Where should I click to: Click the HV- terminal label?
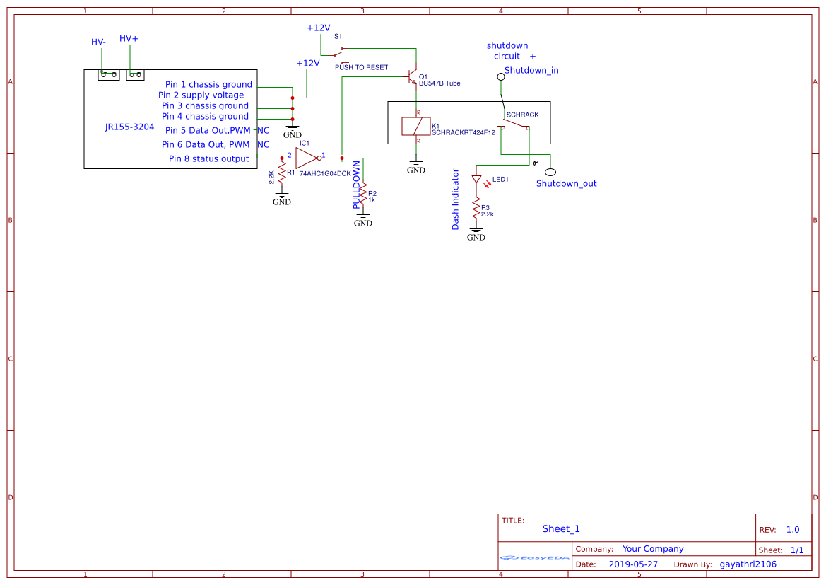pos(98,42)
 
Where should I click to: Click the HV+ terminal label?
pos(129,38)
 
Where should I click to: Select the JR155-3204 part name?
pos(129,127)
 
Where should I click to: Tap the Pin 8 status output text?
pos(208,158)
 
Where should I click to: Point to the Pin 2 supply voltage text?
pos(201,95)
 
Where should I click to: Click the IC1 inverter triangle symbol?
pos(307,158)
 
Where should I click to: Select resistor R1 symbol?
pos(282,174)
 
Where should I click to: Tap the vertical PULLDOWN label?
pos(357,185)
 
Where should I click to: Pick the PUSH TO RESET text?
pos(361,68)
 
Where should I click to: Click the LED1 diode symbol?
pos(476,180)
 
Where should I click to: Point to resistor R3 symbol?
pos(476,210)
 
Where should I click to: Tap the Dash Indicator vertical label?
pos(456,199)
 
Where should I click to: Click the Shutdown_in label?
pos(531,70)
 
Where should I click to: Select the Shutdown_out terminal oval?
pos(549,172)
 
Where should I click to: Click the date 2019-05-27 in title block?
pos(633,564)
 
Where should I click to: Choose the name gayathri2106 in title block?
pos(748,564)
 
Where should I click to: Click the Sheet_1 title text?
pos(561,528)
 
